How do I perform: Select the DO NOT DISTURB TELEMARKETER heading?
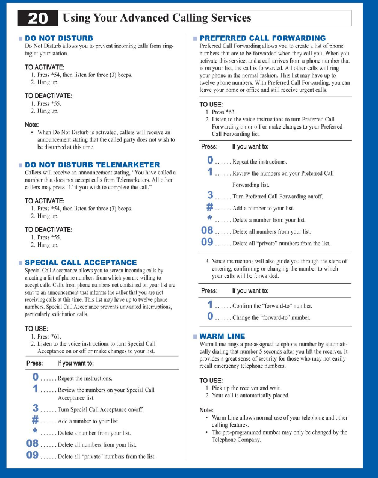(92, 165)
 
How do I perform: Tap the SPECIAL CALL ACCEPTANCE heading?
(81, 263)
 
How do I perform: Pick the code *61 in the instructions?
(55, 336)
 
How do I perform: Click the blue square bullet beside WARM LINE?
(194, 336)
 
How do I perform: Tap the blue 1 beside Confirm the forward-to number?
(210, 305)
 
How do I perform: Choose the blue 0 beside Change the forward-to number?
(210, 316)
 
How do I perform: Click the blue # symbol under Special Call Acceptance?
(36, 420)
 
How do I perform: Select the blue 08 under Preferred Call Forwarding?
(207, 231)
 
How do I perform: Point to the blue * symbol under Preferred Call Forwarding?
(210, 219)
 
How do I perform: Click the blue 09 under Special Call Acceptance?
(33, 455)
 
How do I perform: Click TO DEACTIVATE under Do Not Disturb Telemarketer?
(48, 230)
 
